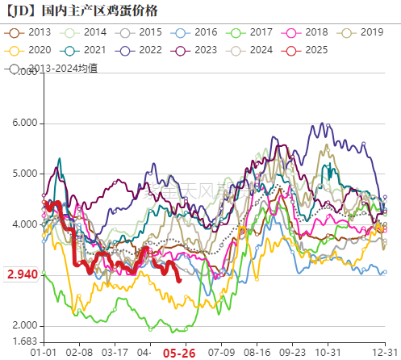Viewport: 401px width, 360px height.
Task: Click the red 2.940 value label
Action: pos(21,274)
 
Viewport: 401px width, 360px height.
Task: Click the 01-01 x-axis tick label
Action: pos(43,353)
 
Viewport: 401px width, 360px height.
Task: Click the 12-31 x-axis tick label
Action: pos(384,353)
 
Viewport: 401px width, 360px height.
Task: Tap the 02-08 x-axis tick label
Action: pos(78,353)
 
